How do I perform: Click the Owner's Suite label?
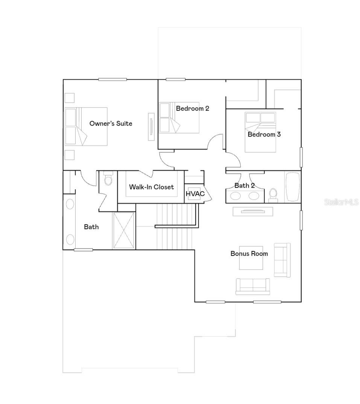(x=111, y=123)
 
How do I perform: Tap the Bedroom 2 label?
(x=193, y=109)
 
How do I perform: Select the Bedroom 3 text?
(x=264, y=134)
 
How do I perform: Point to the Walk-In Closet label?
(x=152, y=187)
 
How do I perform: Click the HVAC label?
(x=195, y=194)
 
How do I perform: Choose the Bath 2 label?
(x=245, y=185)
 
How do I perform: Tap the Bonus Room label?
(x=249, y=254)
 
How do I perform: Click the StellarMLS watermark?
(x=341, y=202)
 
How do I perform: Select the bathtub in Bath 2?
(x=293, y=187)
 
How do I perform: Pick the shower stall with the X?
(x=124, y=230)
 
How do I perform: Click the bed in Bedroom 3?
(x=260, y=132)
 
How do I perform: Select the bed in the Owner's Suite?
(x=86, y=126)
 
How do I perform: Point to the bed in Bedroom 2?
(x=179, y=117)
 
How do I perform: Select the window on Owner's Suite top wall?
(x=112, y=79)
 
